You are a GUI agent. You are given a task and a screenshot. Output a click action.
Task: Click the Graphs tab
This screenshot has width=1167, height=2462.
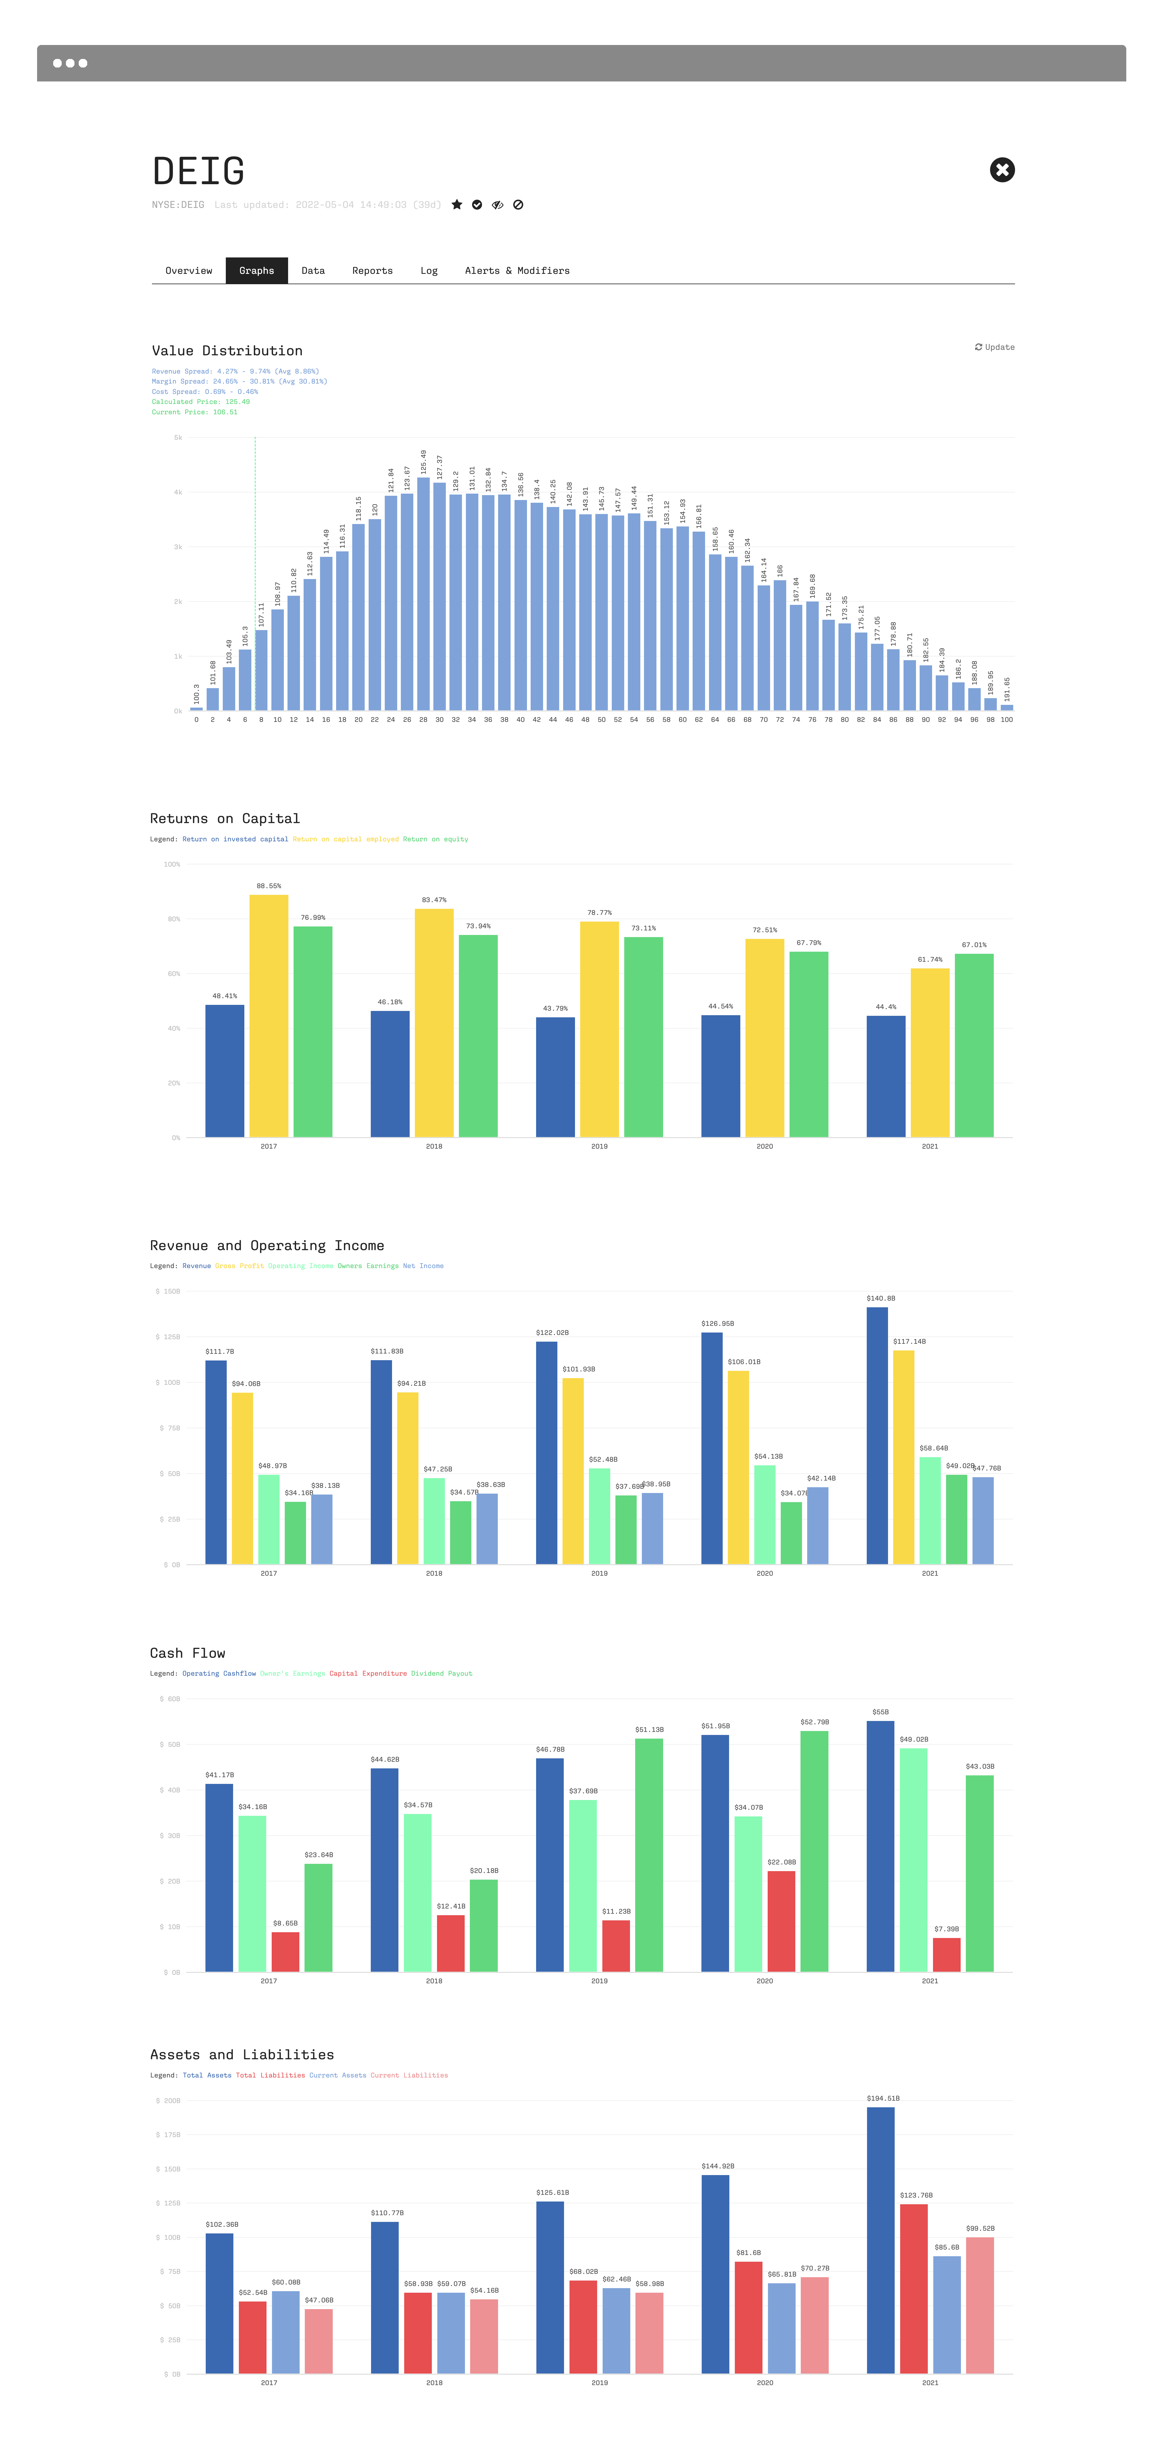click(256, 271)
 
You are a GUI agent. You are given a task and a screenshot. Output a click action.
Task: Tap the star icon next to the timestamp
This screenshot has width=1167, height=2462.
click(457, 205)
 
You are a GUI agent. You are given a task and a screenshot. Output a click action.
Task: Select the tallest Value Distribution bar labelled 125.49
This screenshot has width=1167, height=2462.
click(423, 593)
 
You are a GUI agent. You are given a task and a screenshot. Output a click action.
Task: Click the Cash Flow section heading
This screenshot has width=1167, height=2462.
click(187, 1653)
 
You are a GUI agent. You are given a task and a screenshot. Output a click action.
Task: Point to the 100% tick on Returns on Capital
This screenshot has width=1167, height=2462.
click(172, 864)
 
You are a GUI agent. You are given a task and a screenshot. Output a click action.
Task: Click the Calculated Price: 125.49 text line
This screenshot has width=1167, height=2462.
click(201, 402)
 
